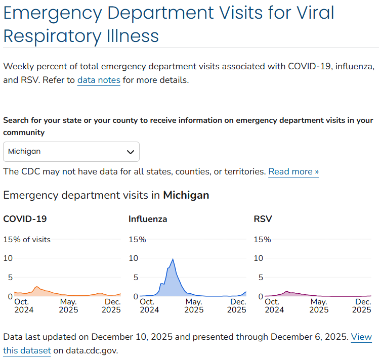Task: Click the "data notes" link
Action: click(x=99, y=80)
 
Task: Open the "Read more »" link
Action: click(x=293, y=171)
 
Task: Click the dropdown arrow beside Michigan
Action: click(x=130, y=152)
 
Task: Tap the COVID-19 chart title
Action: click(x=25, y=219)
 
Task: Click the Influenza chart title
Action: click(x=148, y=219)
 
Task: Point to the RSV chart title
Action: click(x=263, y=219)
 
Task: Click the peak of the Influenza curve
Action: click(x=173, y=259)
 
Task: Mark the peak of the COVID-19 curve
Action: click(x=36, y=287)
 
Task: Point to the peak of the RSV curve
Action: click(x=287, y=292)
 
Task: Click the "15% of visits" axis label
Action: click(x=27, y=240)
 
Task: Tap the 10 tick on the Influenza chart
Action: click(x=133, y=258)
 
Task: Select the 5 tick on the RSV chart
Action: click(x=260, y=277)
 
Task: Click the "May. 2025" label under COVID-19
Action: click(x=68, y=305)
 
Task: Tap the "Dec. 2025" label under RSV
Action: click(x=362, y=305)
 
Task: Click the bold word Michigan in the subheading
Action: click(x=186, y=195)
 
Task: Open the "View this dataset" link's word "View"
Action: click(x=361, y=337)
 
